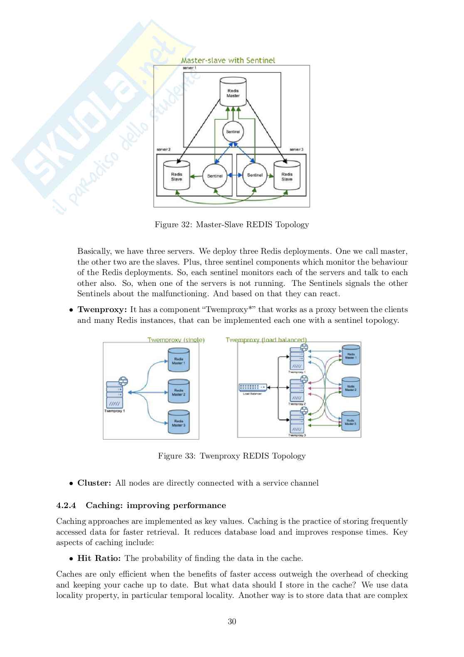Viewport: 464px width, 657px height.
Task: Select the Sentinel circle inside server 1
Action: [233, 132]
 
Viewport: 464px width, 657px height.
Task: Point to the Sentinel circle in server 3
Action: [254, 175]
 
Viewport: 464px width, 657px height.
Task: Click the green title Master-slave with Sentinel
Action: [228, 60]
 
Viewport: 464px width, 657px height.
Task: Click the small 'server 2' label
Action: [163, 149]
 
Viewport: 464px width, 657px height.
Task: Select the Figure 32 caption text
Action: [232, 225]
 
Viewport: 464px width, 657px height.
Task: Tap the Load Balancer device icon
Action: [252, 387]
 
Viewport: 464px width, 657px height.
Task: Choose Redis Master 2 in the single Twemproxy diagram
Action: [178, 392]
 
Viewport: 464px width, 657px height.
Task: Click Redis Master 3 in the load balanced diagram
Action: [350, 422]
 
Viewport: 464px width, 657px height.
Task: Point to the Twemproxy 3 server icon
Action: [297, 422]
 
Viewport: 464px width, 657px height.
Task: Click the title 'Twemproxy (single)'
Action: [176, 340]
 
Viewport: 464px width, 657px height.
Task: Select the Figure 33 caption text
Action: [232, 456]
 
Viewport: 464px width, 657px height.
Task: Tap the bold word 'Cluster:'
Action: [94, 483]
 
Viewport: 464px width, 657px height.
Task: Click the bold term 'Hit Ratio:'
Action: [99, 558]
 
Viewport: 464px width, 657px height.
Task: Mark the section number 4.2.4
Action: [67, 506]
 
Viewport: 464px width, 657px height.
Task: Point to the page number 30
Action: [232, 622]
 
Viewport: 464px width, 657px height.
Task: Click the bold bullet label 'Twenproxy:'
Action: [102, 310]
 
